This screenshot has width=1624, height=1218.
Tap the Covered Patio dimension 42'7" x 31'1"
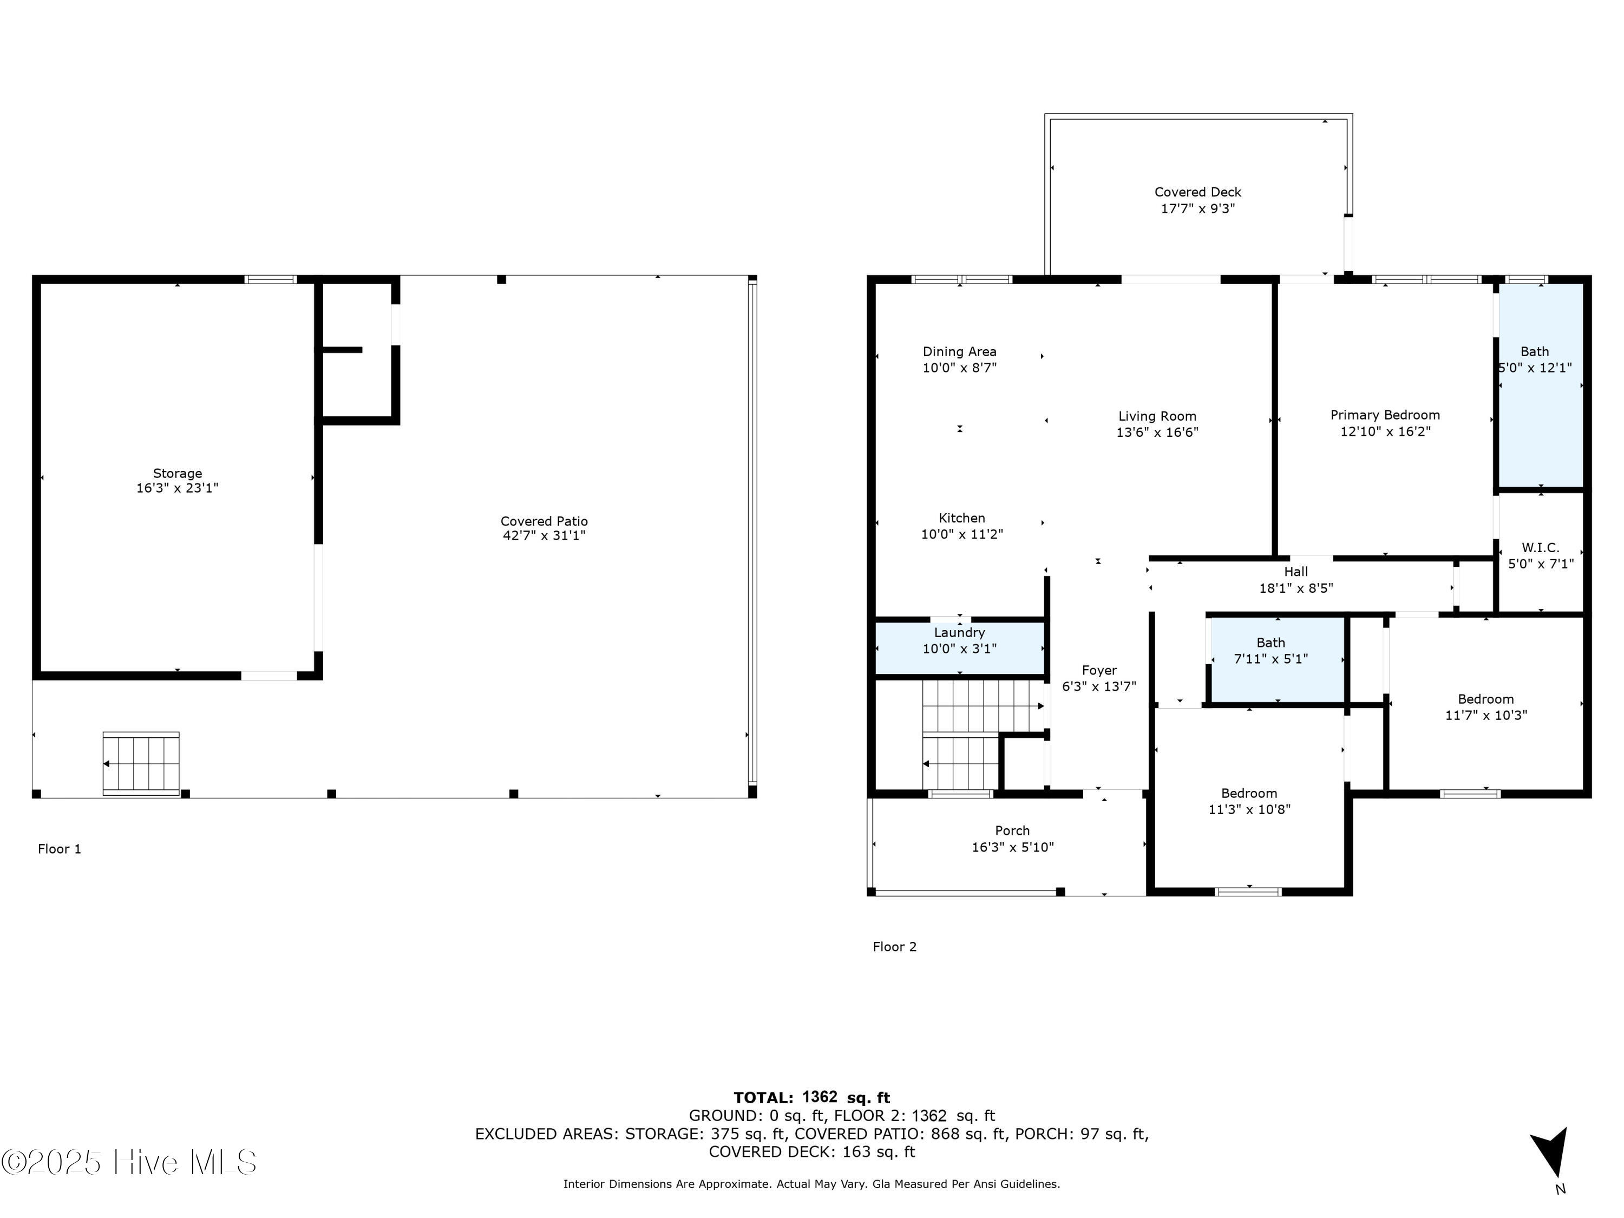pos(543,535)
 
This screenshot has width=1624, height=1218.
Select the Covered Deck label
pos(1197,192)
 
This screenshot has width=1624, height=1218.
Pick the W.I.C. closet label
pos(1540,548)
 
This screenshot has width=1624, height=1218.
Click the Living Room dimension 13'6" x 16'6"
pos(1157,433)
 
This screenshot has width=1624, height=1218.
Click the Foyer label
pos(1099,670)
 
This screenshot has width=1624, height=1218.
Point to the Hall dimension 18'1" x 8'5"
pos(1296,588)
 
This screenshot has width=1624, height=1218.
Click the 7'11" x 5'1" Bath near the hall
pos(1276,659)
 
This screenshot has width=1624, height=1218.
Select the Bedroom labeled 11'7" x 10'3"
pos(1485,707)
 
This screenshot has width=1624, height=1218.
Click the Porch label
pos(1012,831)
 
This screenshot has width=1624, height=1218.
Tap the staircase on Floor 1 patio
pos(141,763)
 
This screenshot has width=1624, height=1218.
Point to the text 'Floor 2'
pos(894,947)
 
